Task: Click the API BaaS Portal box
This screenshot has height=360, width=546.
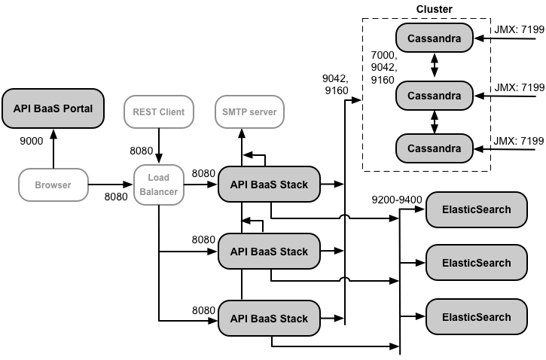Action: click(x=53, y=108)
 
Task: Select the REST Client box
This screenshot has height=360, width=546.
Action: click(x=159, y=112)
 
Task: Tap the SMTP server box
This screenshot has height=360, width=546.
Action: click(x=249, y=112)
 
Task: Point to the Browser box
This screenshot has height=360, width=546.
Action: click(x=53, y=184)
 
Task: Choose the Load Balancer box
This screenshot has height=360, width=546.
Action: click(x=159, y=185)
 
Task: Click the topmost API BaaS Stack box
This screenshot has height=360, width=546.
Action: click(x=269, y=185)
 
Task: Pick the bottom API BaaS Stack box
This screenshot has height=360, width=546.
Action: click(x=269, y=319)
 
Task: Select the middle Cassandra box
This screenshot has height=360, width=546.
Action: click(x=434, y=95)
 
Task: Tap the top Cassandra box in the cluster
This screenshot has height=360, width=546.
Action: click(x=434, y=37)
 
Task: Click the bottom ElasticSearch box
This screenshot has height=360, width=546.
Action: click(x=476, y=317)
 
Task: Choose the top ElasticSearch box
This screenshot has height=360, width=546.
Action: click(x=476, y=209)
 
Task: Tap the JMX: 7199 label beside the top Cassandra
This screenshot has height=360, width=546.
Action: click(x=519, y=29)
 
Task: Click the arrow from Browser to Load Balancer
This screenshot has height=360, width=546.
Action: click(x=110, y=184)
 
